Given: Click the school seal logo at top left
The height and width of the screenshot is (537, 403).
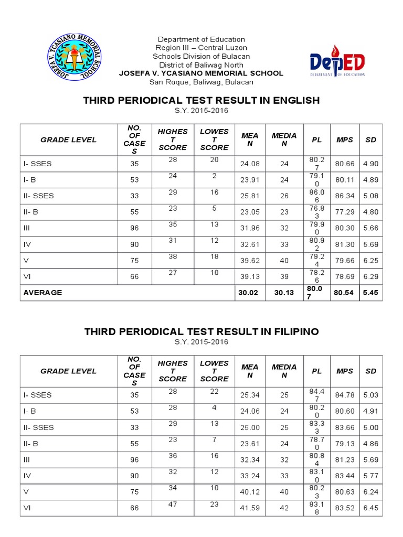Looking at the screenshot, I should click(x=75, y=57).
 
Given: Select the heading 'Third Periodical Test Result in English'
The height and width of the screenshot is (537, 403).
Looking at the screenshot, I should click(x=201, y=100).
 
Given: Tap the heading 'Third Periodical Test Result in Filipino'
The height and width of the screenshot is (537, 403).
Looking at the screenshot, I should click(x=201, y=331).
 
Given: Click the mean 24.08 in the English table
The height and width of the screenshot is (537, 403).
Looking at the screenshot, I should click(x=250, y=164).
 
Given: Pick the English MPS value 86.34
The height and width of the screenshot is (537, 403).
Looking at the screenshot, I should click(x=345, y=196).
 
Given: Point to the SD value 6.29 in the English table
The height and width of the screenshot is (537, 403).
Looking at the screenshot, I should click(x=370, y=276).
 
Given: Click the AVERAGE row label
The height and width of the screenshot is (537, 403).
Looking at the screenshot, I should click(x=43, y=293).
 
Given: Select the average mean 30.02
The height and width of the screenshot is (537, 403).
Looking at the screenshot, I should click(x=249, y=293).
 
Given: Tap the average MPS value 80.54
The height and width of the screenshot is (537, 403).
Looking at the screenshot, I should click(x=345, y=293).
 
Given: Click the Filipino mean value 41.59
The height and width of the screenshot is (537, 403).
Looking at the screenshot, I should click(x=250, y=508).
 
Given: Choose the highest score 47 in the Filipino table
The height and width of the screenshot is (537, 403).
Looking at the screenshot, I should click(x=173, y=504).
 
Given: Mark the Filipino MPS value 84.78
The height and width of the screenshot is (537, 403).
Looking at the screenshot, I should click(x=345, y=395).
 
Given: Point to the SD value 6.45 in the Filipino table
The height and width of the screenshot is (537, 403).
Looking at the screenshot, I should click(x=370, y=508).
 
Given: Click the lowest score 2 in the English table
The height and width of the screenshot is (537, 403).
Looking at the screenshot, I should click(x=215, y=176).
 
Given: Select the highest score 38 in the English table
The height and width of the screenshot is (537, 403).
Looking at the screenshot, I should click(x=173, y=256).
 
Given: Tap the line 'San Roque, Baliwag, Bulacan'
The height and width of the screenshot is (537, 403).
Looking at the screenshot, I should click(x=201, y=82).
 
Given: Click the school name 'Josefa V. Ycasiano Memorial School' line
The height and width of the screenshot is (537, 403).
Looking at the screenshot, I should click(x=201, y=73).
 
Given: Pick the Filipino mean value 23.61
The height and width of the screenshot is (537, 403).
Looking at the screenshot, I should click(x=250, y=444).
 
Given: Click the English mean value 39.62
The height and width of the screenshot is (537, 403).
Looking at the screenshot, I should click(x=250, y=261).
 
